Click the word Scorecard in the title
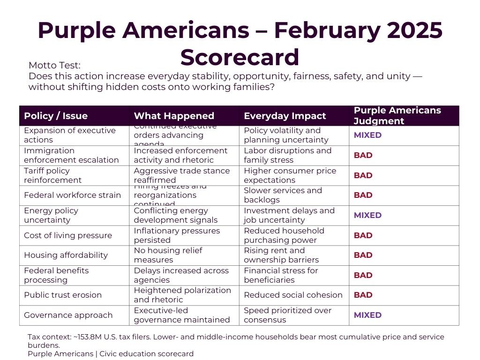pyautogui.click(x=240, y=57)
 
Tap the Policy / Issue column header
pyautogui.click(x=56, y=116)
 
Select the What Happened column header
pyautogui.click(x=174, y=116)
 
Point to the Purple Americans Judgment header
pyautogui.click(x=397, y=115)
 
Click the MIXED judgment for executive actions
pyautogui.click(x=367, y=135)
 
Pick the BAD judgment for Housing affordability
pyautogui.click(x=363, y=255)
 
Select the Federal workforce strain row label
pyautogui.click(x=72, y=195)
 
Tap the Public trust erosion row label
pyautogui.click(x=63, y=295)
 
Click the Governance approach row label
pyautogui.click(x=68, y=315)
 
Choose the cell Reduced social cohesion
pyautogui.click(x=293, y=295)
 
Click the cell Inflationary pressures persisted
pyautogui.click(x=177, y=235)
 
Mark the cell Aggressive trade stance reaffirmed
pyautogui.click(x=182, y=175)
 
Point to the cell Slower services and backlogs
pyautogui.click(x=283, y=195)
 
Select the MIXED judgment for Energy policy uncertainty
pyautogui.click(x=367, y=215)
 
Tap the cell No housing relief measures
pyautogui.click(x=168, y=255)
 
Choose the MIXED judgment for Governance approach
pyautogui.click(x=367, y=315)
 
